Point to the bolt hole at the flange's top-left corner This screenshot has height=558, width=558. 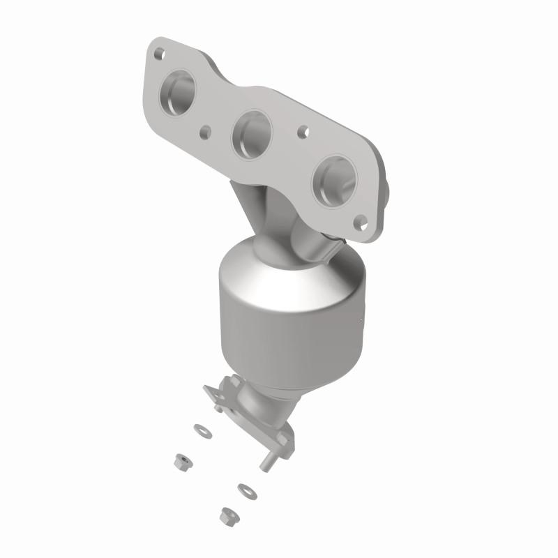coord(160,51)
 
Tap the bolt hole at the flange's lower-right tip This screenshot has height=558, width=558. coord(360,222)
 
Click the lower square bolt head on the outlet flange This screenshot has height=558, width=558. coord(281,438)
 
